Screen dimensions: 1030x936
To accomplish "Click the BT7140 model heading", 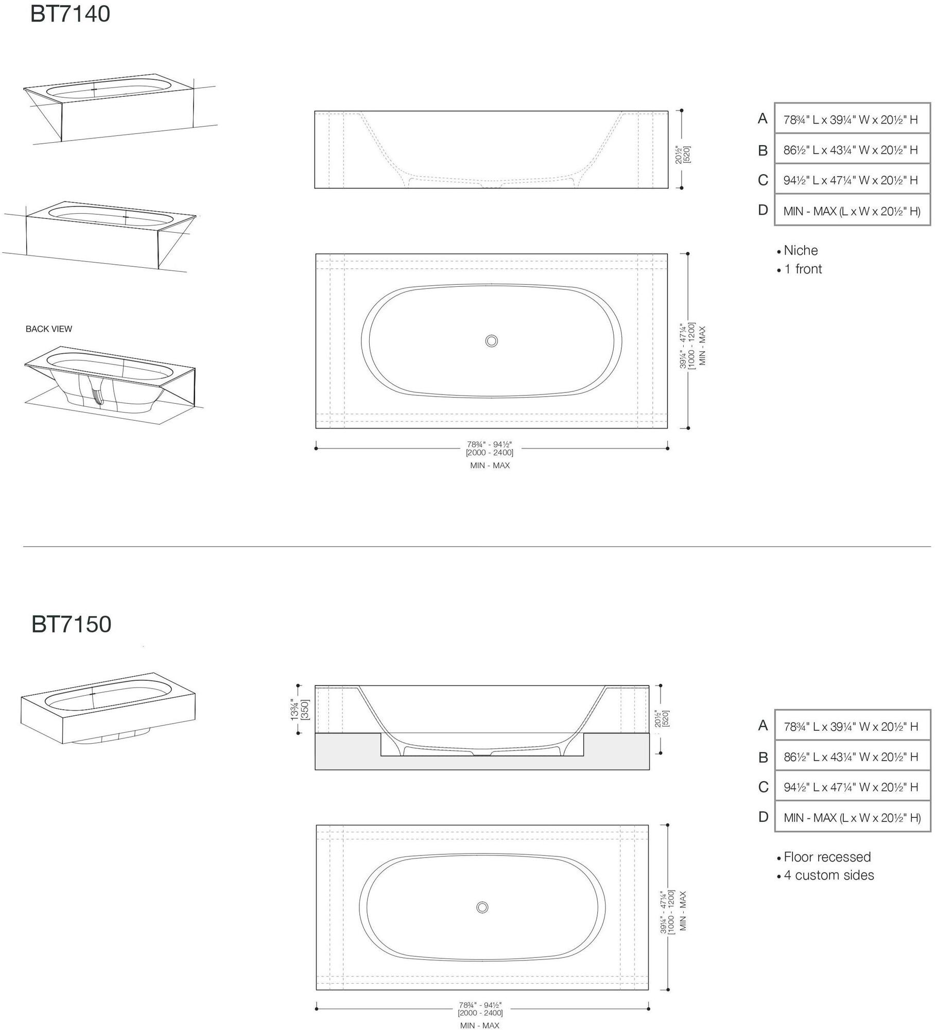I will click(70, 14).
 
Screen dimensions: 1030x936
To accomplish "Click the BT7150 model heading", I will click(71, 624).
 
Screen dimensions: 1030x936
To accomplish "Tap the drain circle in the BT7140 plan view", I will click(491, 340).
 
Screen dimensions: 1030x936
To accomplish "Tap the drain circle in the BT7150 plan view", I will click(482, 907).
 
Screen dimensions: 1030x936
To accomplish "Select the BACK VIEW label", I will click(49, 329).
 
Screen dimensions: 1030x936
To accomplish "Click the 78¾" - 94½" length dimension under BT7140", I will click(489, 449).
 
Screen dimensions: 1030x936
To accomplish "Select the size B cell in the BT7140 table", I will click(852, 150).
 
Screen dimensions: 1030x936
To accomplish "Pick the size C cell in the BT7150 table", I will click(852, 787).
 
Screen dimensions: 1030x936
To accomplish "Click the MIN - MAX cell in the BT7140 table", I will click(852, 211).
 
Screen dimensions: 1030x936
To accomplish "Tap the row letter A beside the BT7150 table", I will click(763, 726).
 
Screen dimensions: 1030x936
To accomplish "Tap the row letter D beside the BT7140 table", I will click(763, 210).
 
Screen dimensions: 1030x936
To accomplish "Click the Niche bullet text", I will click(801, 250).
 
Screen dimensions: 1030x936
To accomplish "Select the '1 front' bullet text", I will click(803, 269).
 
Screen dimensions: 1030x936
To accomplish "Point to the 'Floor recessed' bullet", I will click(827, 857).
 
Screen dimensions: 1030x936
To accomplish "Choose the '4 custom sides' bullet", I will click(828, 875).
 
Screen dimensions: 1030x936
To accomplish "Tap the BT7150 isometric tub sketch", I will click(108, 708).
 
